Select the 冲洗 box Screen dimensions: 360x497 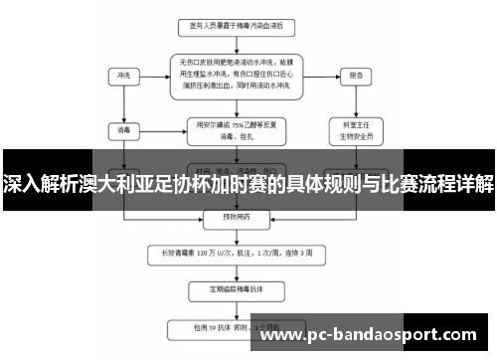pyautogui.click(x=123, y=75)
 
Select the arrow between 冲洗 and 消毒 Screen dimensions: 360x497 pyautogui.click(x=123, y=101)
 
